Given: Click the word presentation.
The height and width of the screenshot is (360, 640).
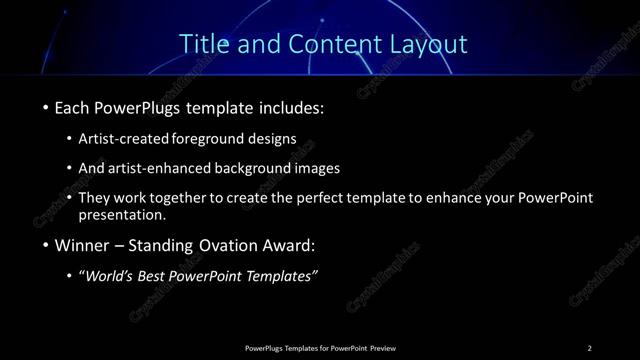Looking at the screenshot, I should (122, 215).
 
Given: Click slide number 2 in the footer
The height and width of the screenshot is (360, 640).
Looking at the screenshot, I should (589, 347).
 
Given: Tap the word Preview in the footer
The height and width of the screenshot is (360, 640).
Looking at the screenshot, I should (382, 347).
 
